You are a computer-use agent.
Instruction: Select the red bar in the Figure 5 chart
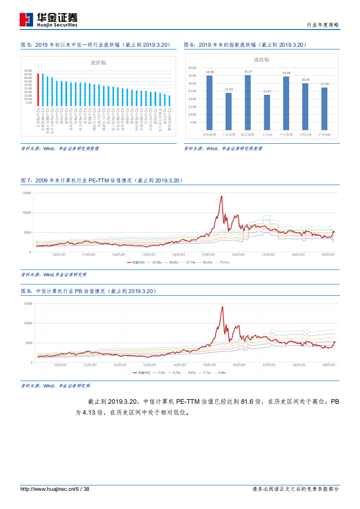point(38,90)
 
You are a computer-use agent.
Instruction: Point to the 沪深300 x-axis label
point(324,134)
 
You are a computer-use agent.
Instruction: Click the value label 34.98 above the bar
point(209,72)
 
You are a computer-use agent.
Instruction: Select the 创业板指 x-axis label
point(209,134)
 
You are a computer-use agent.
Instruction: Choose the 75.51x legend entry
point(222,262)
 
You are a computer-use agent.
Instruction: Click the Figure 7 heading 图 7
point(26,181)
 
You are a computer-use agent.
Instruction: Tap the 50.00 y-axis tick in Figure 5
point(28,71)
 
